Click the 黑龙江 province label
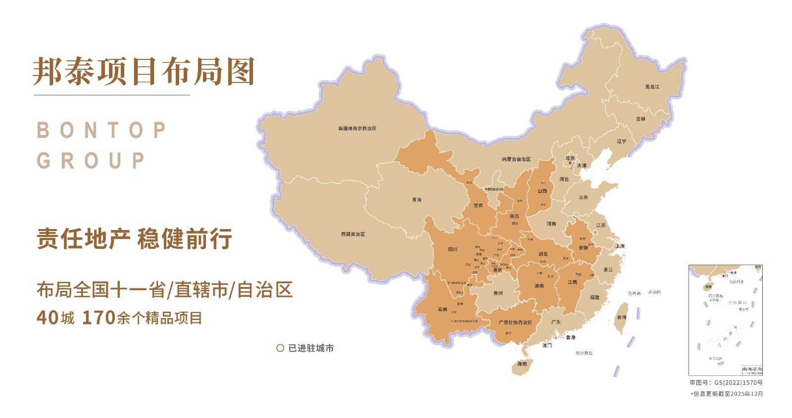coord(652,87)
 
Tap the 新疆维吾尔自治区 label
coord(357,129)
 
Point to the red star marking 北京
coord(570,163)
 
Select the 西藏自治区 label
coord(353,234)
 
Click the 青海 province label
coord(417,200)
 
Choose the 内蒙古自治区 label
coord(516,159)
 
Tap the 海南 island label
coord(522,364)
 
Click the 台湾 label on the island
coord(621,318)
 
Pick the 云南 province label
coord(442,310)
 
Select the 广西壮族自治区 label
coord(515,323)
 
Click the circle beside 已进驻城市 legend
coord(280,348)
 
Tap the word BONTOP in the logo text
coord(101,131)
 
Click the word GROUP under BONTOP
coord(91,161)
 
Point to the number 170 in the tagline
coord(99,318)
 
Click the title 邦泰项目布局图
coord(144,72)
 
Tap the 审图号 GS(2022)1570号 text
coord(726,382)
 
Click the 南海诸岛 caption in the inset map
coord(751,369)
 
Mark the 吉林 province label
coord(641,119)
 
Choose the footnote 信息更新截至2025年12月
coord(728,394)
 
